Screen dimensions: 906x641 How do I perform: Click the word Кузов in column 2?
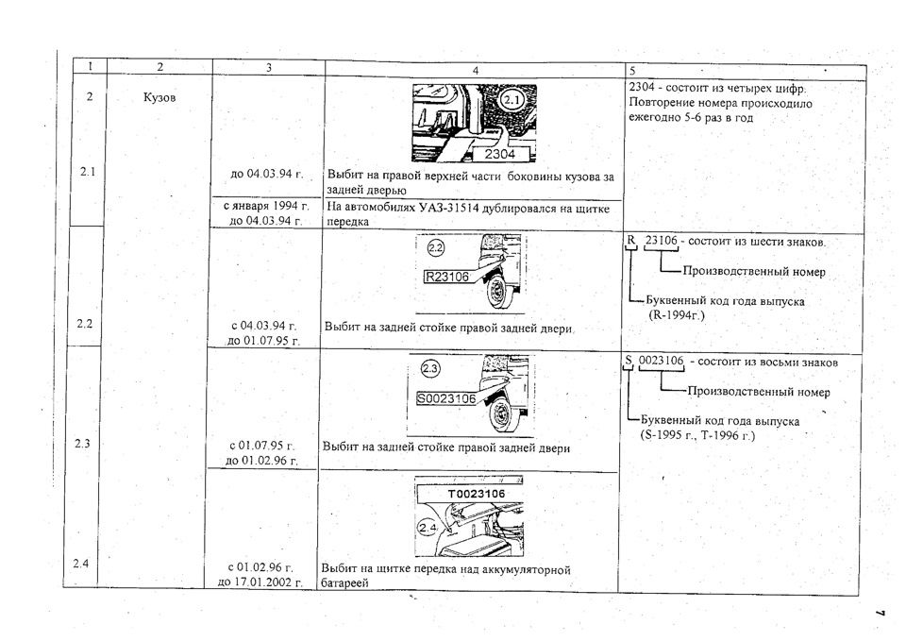pyautogui.click(x=159, y=97)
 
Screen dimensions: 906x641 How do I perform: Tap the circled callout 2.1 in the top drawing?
pyautogui.click(x=512, y=100)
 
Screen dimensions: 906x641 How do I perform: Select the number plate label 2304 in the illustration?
pyautogui.click(x=500, y=154)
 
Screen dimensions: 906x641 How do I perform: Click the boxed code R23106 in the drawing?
pyautogui.click(x=446, y=277)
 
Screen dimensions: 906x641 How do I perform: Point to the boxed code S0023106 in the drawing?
pyautogui.click(x=446, y=398)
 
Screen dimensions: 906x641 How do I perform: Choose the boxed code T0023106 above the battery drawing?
pyautogui.click(x=476, y=494)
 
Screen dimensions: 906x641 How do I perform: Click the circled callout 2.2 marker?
pyautogui.click(x=436, y=248)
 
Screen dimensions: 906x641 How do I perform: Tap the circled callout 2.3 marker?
pyautogui.click(x=430, y=369)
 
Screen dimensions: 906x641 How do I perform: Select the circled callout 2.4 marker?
pyautogui.click(x=428, y=528)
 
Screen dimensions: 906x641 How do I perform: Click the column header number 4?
pyautogui.click(x=476, y=70)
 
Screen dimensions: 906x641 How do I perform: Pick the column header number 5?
pyautogui.click(x=632, y=71)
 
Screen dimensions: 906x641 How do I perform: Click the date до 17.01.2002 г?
pyautogui.click(x=260, y=582)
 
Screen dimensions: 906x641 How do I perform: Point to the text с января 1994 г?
pyautogui.click(x=266, y=206)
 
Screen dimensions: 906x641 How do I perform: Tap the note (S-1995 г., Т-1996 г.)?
pyautogui.click(x=697, y=436)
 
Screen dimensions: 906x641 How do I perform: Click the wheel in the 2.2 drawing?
pyautogui.click(x=496, y=292)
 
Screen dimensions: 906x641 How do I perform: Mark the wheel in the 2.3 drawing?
pyautogui.click(x=500, y=413)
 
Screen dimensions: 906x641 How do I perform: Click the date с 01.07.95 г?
pyautogui.click(x=262, y=446)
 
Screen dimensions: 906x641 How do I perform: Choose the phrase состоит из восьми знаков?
pyautogui.click(x=768, y=363)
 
